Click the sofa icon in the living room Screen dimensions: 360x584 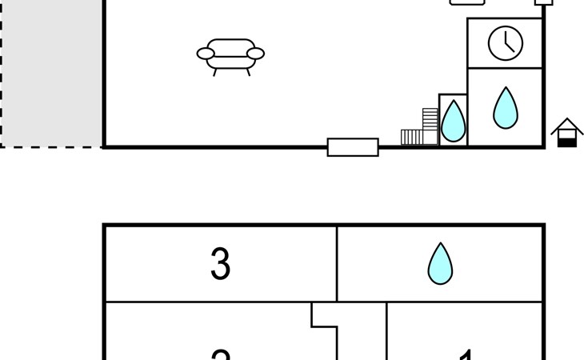230,55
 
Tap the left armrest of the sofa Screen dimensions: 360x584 206,54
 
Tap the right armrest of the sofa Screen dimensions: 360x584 255,54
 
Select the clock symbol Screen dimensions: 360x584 506,42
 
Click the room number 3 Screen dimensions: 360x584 220,264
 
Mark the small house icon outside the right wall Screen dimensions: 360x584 566,132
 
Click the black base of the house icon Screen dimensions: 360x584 566,142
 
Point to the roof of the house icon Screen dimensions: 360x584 566,125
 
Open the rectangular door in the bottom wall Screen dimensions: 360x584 353,147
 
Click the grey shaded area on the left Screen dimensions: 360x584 52,72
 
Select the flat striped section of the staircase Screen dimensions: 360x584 411,137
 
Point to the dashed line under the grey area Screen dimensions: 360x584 52,146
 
